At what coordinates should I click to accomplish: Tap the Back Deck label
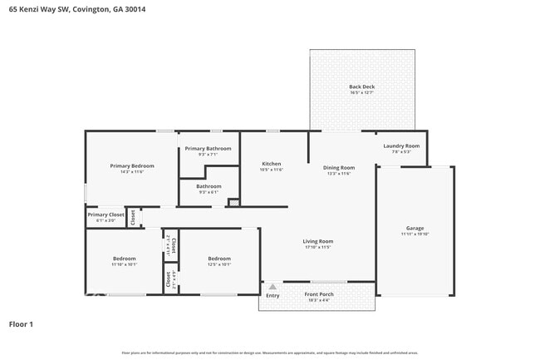tap(361, 87)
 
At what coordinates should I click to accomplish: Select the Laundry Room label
tap(401, 146)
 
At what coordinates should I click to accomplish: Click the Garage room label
tap(415, 229)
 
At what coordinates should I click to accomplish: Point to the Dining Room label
tap(339, 168)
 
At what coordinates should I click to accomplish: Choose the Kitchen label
tap(272, 164)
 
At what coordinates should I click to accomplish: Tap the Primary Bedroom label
tap(132, 165)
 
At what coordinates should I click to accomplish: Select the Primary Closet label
tap(105, 215)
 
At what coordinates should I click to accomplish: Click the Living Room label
tap(317, 242)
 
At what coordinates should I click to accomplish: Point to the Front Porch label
tap(319, 295)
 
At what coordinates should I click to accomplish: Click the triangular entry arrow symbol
tap(272, 286)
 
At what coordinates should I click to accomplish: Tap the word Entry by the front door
tap(272, 295)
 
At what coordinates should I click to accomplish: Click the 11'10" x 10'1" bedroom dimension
tap(124, 265)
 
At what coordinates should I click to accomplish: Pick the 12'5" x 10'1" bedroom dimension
tap(219, 265)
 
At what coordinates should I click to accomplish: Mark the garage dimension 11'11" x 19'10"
tap(415, 234)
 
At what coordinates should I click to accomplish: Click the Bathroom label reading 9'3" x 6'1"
tap(209, 192)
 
